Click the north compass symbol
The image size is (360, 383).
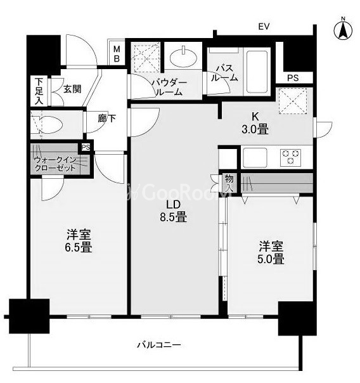(344, 29)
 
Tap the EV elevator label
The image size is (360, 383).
(264, 27)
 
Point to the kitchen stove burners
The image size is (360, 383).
(291, 156)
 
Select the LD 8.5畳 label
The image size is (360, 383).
(174, 211)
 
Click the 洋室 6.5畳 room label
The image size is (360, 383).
(79, 240)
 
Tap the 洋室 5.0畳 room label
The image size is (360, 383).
(270, 252)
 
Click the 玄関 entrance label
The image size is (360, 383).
(72, 89)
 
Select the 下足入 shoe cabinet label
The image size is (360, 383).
(39, 91)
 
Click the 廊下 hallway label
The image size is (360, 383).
(106, 118)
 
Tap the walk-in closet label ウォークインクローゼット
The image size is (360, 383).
(56, 164)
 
